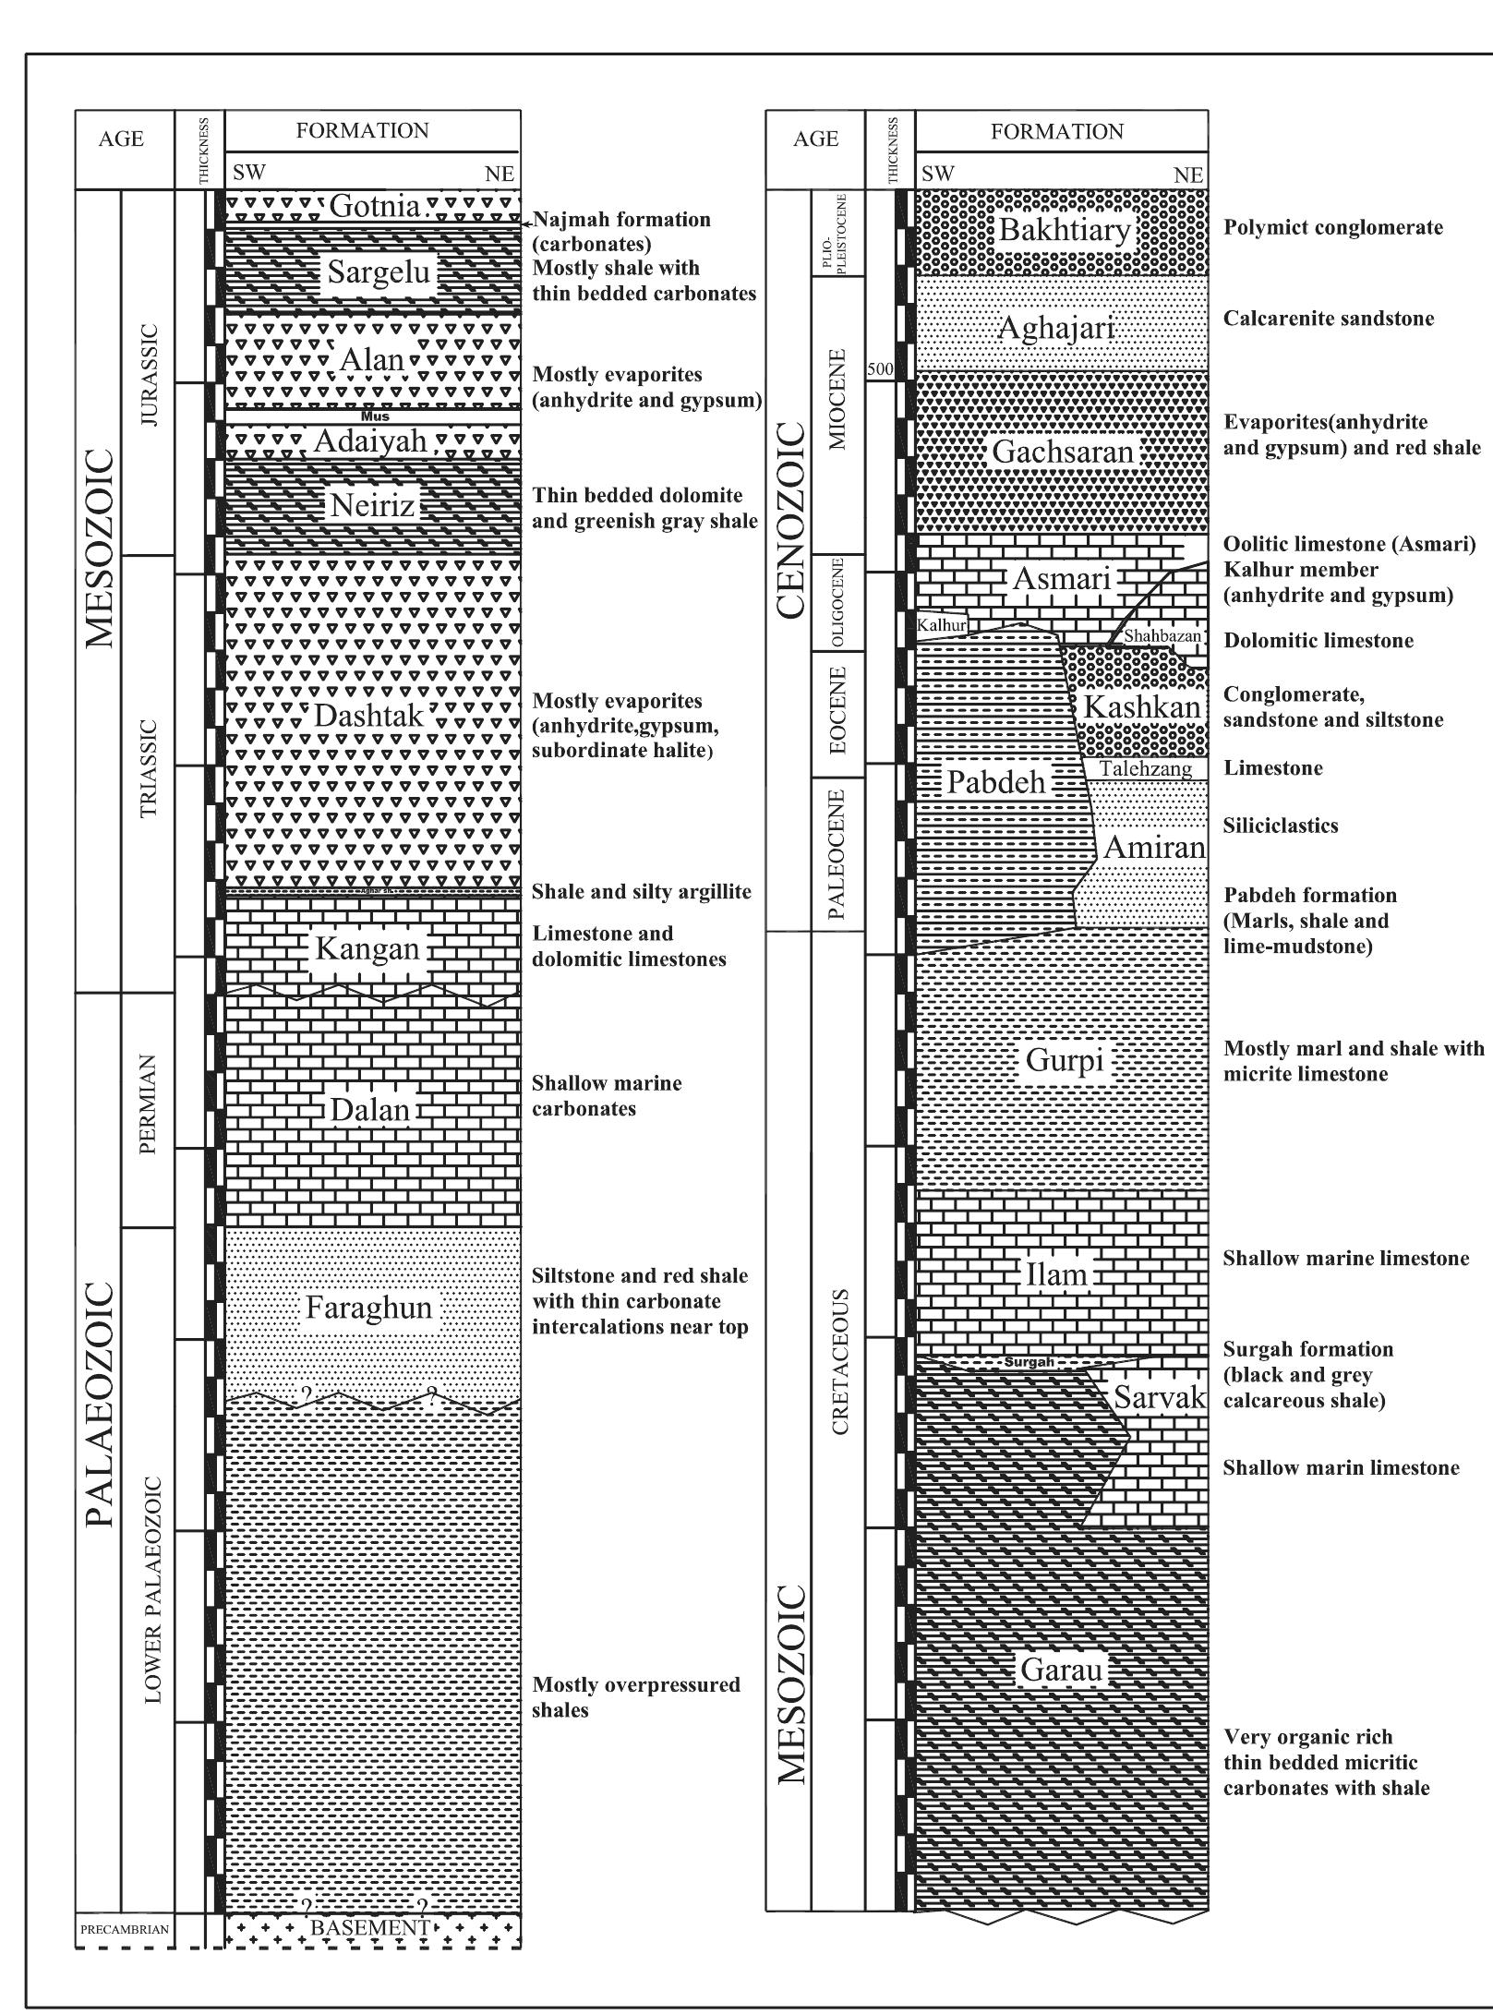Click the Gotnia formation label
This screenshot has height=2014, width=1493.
[x=374, y=206]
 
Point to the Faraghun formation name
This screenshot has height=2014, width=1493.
[x=368, y=1308]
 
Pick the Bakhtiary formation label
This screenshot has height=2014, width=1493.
[x=1065, y=230]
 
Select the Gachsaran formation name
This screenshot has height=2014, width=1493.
[x=1062, y=452]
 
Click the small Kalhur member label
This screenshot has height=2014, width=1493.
[x=942, y=625]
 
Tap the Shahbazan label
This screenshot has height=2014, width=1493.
[x=1162, y=635]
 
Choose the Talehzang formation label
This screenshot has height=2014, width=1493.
[x=1146, y=768]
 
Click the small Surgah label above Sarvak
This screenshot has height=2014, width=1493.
[x=1029, y=1362]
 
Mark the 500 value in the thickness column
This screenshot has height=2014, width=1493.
[x=880, y=369]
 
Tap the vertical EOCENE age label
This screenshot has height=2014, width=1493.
[x=837, y=710]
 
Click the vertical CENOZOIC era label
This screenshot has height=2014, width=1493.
[x=792, y=520]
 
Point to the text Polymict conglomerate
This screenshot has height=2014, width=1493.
[x=1332, y=228]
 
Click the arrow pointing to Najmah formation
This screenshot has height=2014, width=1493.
[x=528, y=222]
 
